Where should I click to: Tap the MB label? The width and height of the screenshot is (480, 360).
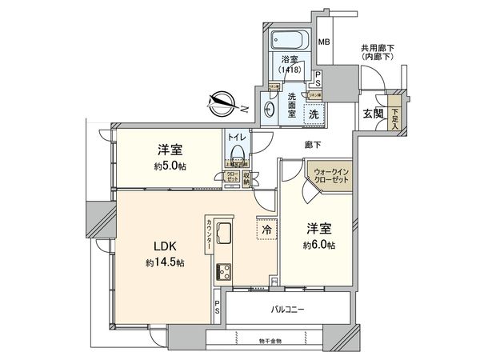pos(325,42)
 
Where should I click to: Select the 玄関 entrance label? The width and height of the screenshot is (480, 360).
pos(373,114)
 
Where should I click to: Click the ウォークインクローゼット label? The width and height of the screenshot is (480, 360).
pos(332,174)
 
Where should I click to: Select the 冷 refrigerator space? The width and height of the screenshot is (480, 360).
pos(265,229)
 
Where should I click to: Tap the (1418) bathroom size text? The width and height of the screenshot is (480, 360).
pos(290,69)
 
